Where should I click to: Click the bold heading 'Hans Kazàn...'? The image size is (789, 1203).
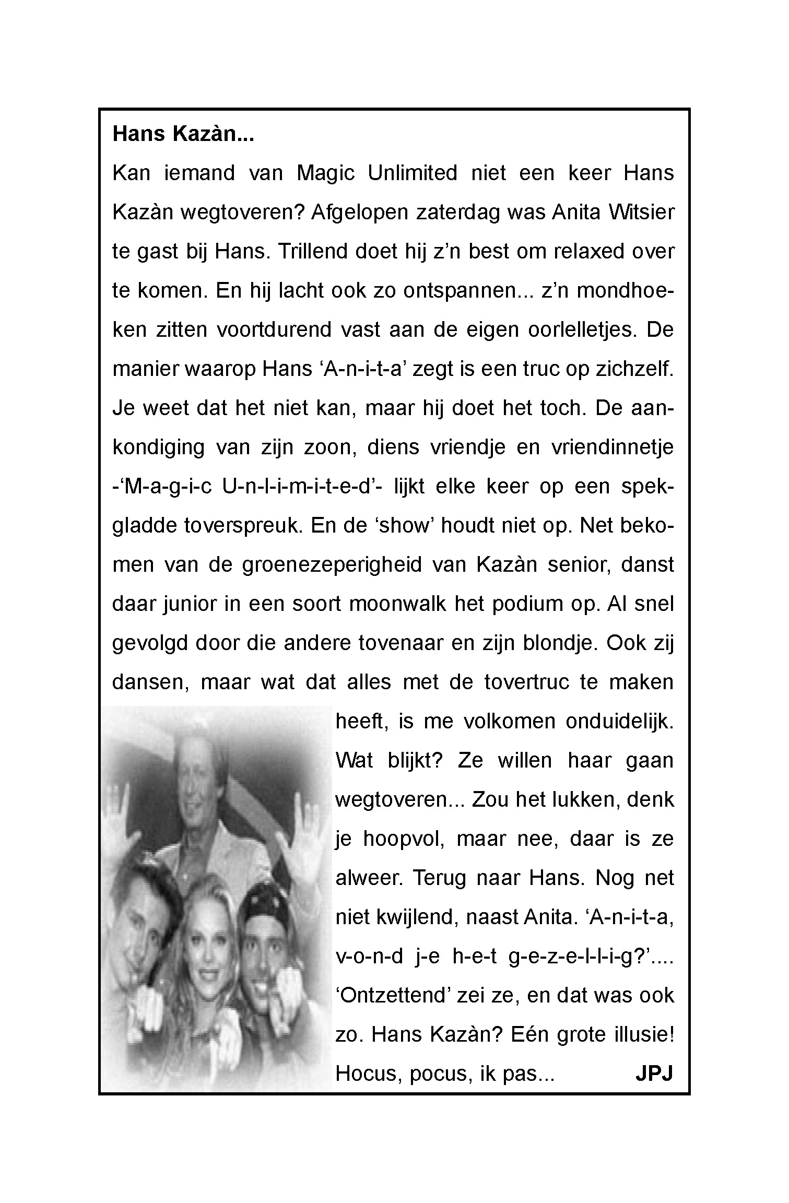point(183,134)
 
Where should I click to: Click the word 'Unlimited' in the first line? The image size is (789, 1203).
point(412,173)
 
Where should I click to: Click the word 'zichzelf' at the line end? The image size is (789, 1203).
point(637,369)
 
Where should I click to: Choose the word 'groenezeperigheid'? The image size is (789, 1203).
point(332,565)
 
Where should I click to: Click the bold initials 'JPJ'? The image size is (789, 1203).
point(654,1074)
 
